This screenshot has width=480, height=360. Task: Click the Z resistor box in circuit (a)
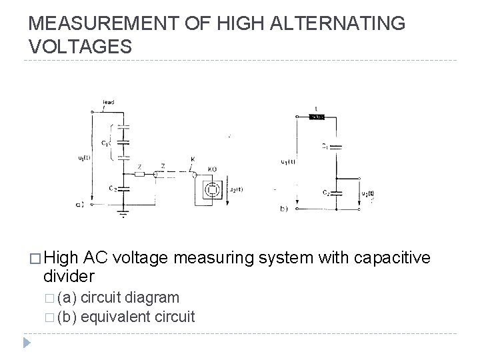point(139,175)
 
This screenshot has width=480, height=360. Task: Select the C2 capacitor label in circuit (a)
point(114,189)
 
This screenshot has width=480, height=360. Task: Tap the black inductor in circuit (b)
point(317,117)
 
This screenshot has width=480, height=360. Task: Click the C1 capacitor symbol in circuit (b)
point(338,146)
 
